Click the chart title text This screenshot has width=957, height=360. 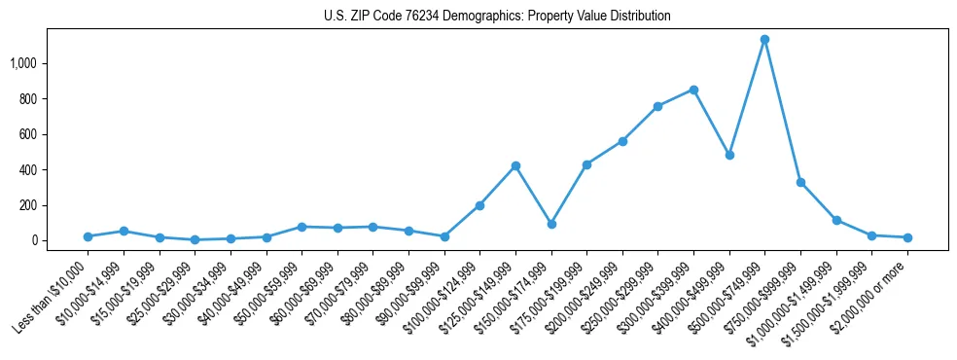point(497,17)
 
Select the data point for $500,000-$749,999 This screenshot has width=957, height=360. point(764,40)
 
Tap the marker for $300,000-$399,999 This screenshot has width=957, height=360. point(693,90)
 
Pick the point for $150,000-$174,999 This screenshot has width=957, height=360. point(551,224)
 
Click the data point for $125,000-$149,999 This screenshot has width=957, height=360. point(515,165)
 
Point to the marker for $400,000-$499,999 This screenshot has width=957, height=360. point(729,155)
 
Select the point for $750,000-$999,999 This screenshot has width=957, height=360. point(800,182)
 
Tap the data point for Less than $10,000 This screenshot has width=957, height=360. point(88,236)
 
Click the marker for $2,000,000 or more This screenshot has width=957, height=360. point(907,237)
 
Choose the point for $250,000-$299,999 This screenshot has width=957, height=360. point(658,106)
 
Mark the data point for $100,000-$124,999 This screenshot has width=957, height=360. point(479,205)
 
